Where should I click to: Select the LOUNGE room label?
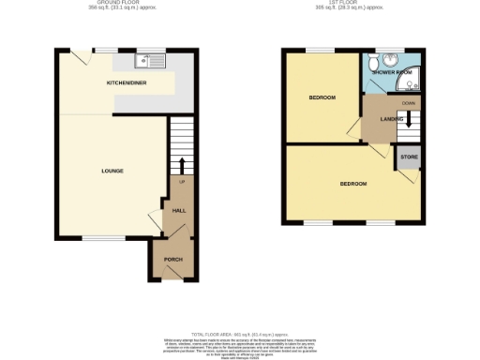tap(112, 171)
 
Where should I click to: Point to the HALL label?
tap(178, 212)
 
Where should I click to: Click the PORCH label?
tap(173, 259)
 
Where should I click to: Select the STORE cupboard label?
tap(409, 157)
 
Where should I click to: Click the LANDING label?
tap(392, 119)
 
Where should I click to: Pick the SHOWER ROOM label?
tap(392, 71)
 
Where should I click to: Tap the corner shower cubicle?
tap(413, 80)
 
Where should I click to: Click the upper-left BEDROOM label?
tap(322, 97)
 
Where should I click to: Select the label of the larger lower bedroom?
tap(352, 183)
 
